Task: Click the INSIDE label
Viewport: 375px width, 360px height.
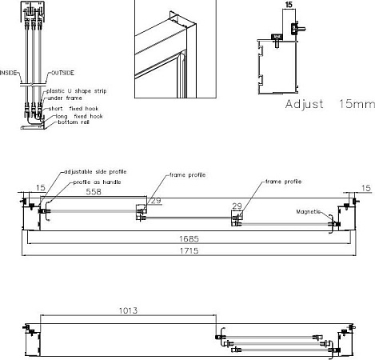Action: [8, 73]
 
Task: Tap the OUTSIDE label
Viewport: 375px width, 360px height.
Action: [62, 73]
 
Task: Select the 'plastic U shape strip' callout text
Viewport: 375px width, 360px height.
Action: [77, 91]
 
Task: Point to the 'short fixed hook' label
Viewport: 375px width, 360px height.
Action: [74, 109]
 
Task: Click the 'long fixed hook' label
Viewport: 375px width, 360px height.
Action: [79, 116]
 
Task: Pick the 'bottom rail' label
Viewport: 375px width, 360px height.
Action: [74, 122]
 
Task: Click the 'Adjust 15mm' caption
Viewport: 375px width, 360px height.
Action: [330, 104]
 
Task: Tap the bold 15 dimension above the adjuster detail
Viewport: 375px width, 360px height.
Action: [289, 5]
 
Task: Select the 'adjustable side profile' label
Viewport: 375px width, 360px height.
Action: [95, 172]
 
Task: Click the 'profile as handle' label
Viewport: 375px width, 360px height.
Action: [97, 182]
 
